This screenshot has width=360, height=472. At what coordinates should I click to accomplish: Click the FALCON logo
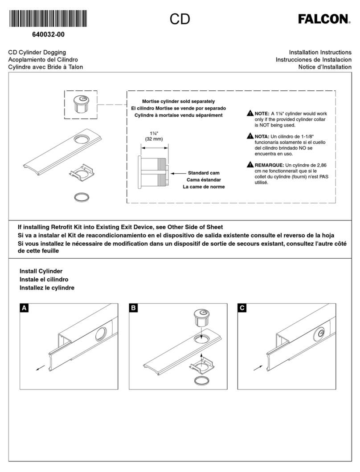324,19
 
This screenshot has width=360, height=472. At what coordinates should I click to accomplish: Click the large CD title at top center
180,19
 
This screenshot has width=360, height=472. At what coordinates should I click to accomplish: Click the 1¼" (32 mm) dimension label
154,136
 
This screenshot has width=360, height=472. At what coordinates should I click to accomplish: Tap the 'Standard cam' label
204,172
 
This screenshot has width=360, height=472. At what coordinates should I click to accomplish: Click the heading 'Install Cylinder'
41,271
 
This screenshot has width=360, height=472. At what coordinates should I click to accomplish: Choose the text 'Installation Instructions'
320,53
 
